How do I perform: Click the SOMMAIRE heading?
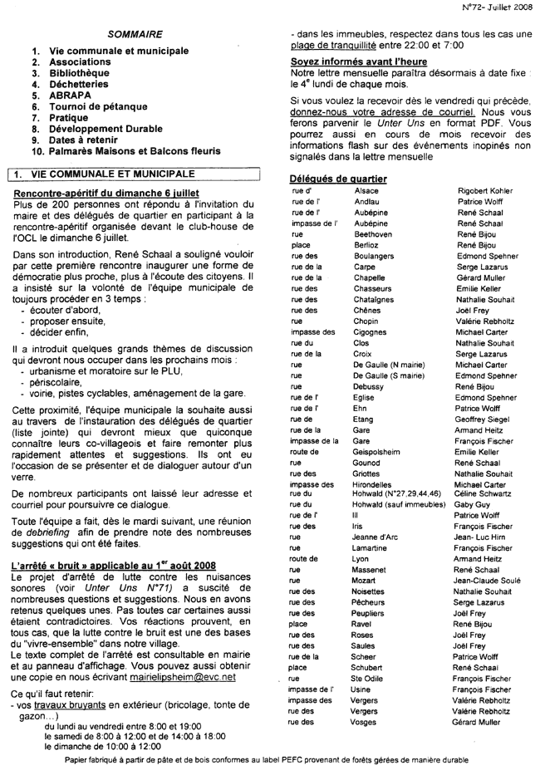click(135, 33)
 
